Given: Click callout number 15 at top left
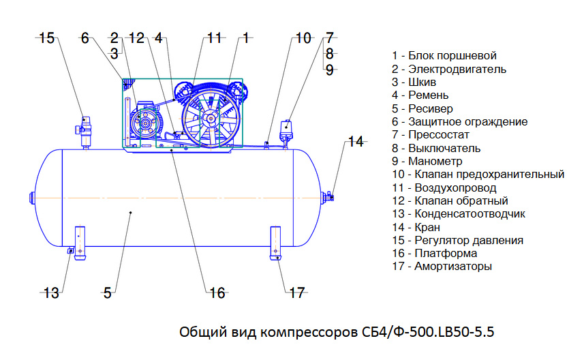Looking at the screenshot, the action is (x=46, y=38).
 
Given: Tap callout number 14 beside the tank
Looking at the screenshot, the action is (x=356, y=142).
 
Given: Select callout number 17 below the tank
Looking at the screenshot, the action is (x=297, y=293).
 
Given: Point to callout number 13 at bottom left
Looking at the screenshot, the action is (x=51, y=293).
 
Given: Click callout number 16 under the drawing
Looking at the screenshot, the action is (x=217, y=293).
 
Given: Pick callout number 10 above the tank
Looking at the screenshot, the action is (x=303, y=38).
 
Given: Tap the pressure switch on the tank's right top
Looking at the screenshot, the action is (x=286, y=132).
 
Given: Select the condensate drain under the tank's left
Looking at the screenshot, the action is (x=70, y=251).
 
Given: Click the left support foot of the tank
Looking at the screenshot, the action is (x=80, y=243).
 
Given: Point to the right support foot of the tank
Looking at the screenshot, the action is (x=275, y=243).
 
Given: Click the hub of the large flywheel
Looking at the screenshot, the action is (x=211, y=119).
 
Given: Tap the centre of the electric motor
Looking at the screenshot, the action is (x=144, y=122).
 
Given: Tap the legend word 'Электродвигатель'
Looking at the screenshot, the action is (x=457, y=70).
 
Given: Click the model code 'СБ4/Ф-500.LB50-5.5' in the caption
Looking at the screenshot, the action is (x=428, y=331).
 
